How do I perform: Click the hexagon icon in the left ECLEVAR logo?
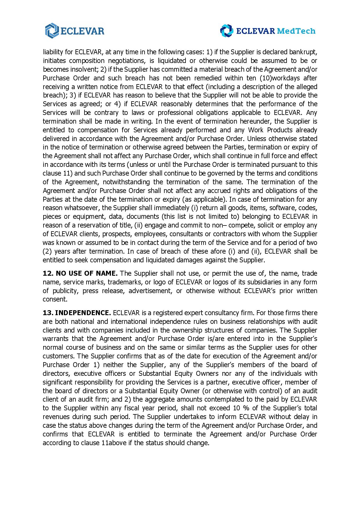[52, 31]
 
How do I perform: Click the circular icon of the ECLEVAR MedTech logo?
[226, 31]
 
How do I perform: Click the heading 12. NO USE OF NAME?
[80, 273]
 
